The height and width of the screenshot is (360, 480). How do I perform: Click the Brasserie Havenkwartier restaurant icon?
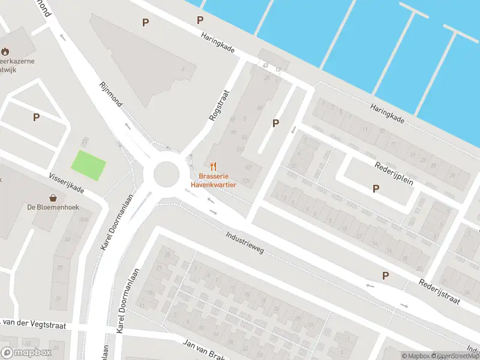(x=212, y=166)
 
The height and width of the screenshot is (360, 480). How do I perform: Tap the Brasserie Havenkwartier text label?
(x=213, y=181)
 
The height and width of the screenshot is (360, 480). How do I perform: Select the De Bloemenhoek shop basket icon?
(x=53, y=197)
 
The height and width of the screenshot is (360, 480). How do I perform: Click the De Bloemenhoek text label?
(x=53, y=208)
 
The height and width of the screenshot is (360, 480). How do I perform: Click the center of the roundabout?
(x=166, y=175)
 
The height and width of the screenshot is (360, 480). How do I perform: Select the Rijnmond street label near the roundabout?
(x=111, y=94)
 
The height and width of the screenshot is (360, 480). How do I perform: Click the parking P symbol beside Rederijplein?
(x=376, y=188)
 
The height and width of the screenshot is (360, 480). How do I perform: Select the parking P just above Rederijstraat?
(x=385, y=275)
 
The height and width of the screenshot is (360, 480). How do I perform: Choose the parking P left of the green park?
(x=36, y=118)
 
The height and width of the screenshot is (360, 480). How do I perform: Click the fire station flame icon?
(x=6, y=52)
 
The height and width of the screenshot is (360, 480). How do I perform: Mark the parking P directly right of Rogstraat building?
(x=276, y=123)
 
